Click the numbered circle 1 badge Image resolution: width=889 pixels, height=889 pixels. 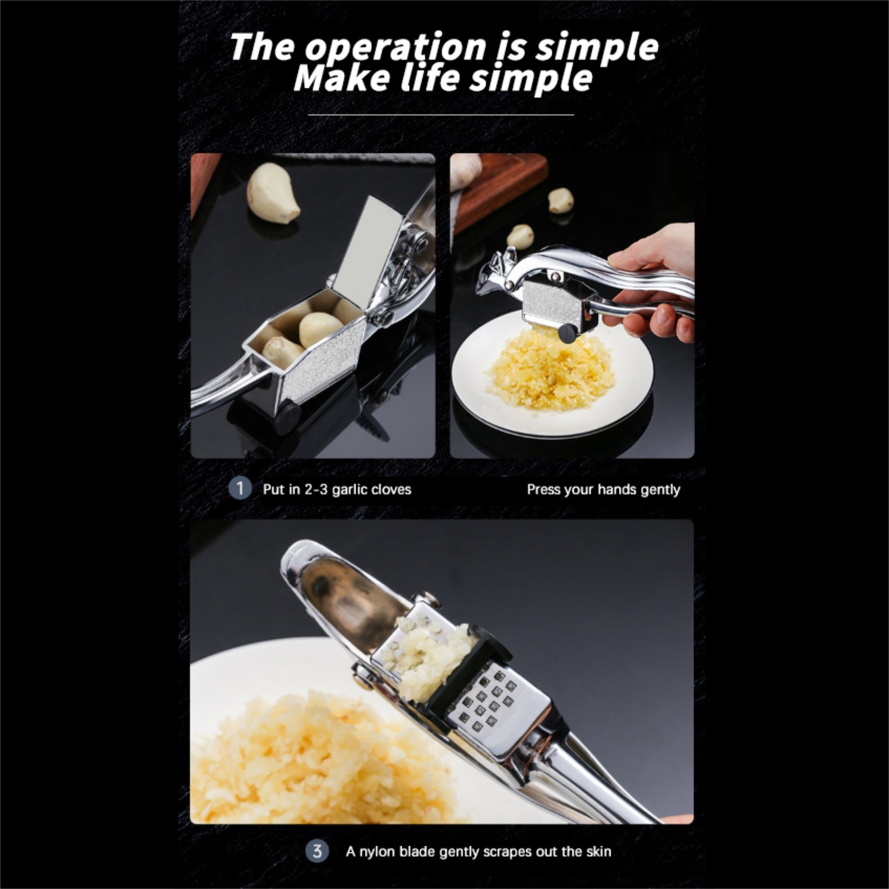240,489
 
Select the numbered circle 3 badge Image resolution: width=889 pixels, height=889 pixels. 317,851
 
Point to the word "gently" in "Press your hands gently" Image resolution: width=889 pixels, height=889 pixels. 660,490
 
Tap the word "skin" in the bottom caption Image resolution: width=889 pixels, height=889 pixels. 598,851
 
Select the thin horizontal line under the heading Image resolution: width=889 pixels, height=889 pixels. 441,114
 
